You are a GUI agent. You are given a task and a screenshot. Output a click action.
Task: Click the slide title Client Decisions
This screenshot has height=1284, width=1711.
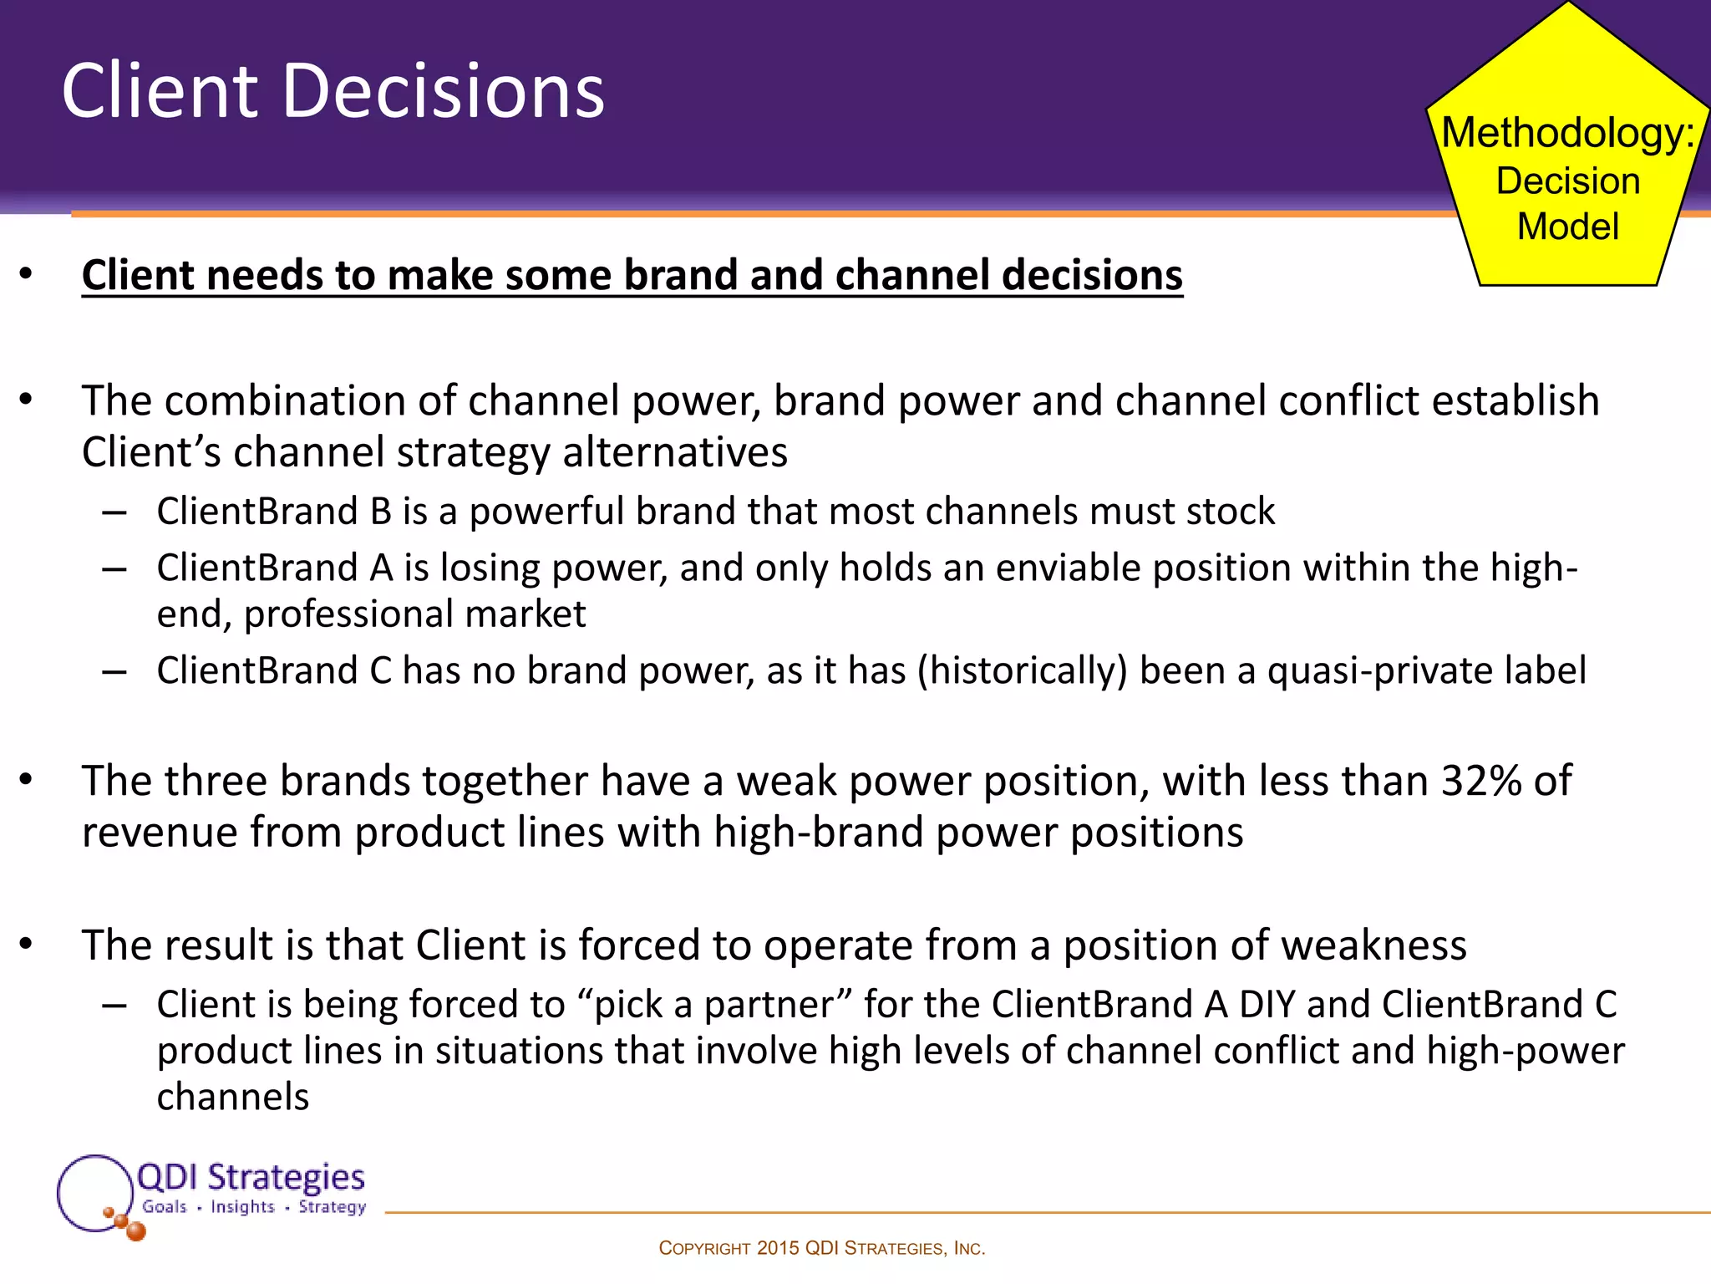coord(333,91)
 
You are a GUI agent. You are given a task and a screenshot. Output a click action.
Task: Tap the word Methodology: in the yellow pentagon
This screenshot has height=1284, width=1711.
coord(1567,133)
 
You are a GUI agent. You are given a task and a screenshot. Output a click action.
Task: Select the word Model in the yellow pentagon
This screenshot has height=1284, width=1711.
coord(1567,227)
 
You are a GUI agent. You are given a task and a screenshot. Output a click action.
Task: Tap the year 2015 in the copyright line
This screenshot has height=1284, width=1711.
coord(778,1248)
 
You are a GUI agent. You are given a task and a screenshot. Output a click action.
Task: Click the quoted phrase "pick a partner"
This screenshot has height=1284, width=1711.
coord(713,1004)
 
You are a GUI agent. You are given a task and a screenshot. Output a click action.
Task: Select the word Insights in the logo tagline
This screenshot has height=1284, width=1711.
coord(242,1206)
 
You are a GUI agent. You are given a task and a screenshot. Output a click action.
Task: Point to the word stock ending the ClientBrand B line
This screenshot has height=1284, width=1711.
coord(1230,511)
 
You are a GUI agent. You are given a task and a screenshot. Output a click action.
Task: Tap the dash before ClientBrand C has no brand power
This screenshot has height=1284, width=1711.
coord(114,671)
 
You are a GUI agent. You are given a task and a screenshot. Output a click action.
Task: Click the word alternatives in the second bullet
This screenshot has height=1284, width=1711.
coord(674,452)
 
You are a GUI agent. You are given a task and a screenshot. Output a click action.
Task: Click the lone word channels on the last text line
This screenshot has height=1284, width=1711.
coord(233,1097)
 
